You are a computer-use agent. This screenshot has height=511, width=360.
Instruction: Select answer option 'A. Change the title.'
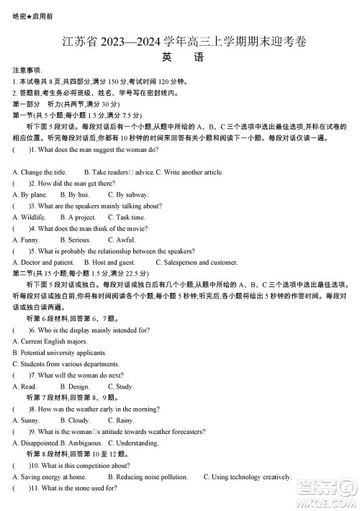[40, 172]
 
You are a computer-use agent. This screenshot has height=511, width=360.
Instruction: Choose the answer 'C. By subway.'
[128, 194]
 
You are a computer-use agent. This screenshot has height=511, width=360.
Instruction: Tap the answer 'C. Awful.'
[122, 240]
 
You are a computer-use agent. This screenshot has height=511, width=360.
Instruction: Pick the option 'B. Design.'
[75, 386]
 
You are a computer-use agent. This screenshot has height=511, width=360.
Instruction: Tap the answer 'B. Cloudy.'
[75, 420]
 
